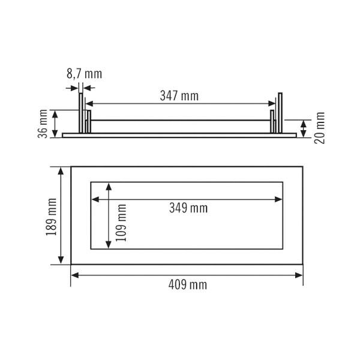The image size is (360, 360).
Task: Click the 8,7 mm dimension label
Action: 84,74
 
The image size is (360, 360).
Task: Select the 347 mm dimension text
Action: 179,96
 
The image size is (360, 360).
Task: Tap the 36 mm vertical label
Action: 43,124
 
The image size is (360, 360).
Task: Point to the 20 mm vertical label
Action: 320,128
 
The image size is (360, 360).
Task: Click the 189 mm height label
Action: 51,217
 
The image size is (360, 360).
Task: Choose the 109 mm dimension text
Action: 121,223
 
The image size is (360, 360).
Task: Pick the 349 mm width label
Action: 188,208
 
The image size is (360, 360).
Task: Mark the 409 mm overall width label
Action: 188,285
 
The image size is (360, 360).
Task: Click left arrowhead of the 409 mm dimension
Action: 75,275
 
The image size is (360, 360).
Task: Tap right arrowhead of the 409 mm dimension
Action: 299,275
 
